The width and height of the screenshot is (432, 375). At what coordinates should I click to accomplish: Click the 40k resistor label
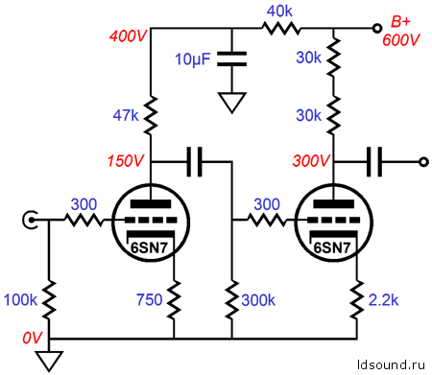pyautogui.click(x=279, y=12)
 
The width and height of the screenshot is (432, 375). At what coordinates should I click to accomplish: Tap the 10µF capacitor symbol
pyautogui.click(x=232, y=59)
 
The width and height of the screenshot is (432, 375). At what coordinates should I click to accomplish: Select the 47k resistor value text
pyautogui.click(x=126, y=115)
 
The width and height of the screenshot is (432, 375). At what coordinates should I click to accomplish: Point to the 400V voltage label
pyautogui.click(x=128, y=35)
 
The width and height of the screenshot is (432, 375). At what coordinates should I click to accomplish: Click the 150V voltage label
pyautogui.click(x=126, y=160)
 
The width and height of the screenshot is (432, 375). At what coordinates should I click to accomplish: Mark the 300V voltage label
pyautogui.click(x=310, y=160)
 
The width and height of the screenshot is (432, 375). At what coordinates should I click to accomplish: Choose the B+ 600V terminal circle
pyautogui.click(x=377, y=29)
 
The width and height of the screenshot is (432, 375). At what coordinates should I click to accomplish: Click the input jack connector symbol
pyautogui.click(x=30, y=220)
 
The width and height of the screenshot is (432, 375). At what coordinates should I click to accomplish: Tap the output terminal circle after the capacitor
pyautogui.click(x=423, y=162)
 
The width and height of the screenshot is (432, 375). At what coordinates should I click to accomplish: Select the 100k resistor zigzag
pyautogui.click(x=49, y=300)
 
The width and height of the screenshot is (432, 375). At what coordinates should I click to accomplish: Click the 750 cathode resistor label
pyautogui.click(x=149, y=300)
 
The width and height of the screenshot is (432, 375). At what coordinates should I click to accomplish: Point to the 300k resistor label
pyautogui.click(x=258, y=300)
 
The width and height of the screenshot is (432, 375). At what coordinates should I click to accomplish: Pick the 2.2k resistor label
pyautogui.click(x=383, y=300)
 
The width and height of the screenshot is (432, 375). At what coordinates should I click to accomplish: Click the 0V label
pyautogui.click(x=33, y=338)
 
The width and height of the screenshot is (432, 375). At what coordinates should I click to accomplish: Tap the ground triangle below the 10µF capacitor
pyautogui.click(x=232, y=103)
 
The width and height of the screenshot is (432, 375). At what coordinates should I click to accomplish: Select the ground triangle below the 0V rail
pyautogui.click(x=49, y=362)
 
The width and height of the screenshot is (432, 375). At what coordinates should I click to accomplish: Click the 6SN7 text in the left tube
pyautogui.click(x=149, y=247)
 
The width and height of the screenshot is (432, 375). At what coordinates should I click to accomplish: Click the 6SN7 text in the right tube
pyautogui.click(x=332, y=247)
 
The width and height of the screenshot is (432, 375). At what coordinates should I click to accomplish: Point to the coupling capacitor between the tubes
pyautogui.click(x=194, y=162)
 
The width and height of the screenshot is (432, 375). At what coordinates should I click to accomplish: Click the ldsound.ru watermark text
pyautogui.click(x=391, y=364)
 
